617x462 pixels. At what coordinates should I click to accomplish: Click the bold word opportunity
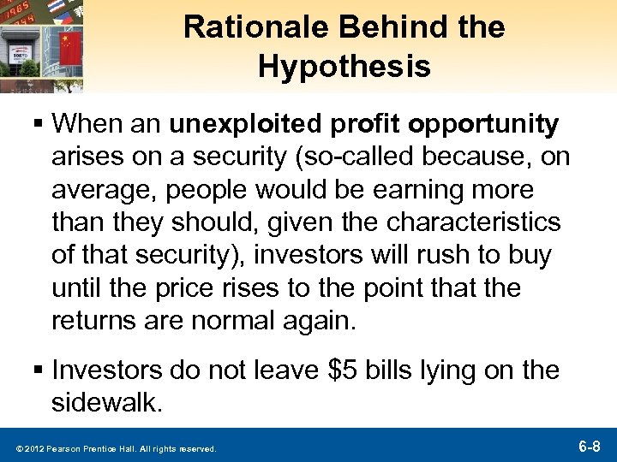(x=486, y=126)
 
